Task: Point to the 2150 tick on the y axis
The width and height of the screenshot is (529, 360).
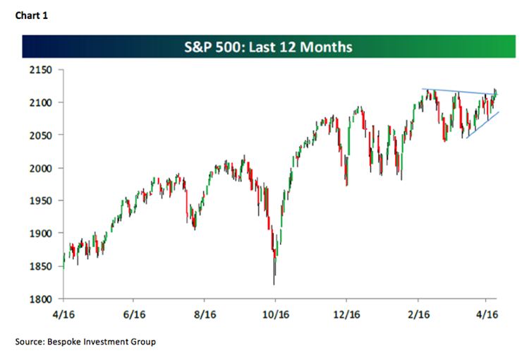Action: (x=42, y=70)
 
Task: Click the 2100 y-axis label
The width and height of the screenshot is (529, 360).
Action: (x=42, y=102)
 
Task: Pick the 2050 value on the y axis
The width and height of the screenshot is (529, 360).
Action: (x=42, y=135)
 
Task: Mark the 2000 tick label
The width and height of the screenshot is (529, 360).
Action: (x=42, y=168)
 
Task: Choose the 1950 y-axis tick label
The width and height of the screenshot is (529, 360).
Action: (x=42, y=200)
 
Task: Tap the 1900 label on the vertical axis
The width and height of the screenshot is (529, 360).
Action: (x=42, y=234)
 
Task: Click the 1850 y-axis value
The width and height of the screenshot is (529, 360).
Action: (x=42, y=266)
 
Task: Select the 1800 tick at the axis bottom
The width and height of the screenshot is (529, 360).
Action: (x=42, y=299)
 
